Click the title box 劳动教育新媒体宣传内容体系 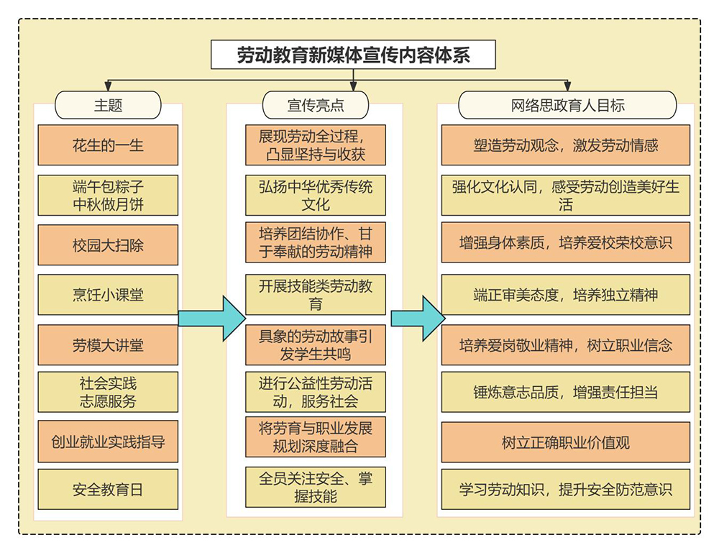coord(353,55)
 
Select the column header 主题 coord(108,105)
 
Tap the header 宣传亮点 coord(316,105)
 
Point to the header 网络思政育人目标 coord(567,105)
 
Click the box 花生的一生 coord(108,145)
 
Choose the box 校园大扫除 coord(108,245)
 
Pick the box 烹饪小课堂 coord(108,294)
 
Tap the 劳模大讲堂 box coord(108,345)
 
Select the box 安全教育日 coord(108,489)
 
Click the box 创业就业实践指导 coord(108,442)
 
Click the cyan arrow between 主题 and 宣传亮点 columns coord(212,319)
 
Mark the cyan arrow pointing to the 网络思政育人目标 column coord(418,319)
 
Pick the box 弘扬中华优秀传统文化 coord(316,195)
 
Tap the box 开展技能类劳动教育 coord(316,294)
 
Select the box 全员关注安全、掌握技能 coord(316,487)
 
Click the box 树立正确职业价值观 coord(565,442)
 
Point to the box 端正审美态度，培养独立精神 coord(565,294)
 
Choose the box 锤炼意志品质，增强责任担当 coord(565,392)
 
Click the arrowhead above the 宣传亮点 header coord(353,87)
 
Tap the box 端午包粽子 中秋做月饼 coord(108,195)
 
